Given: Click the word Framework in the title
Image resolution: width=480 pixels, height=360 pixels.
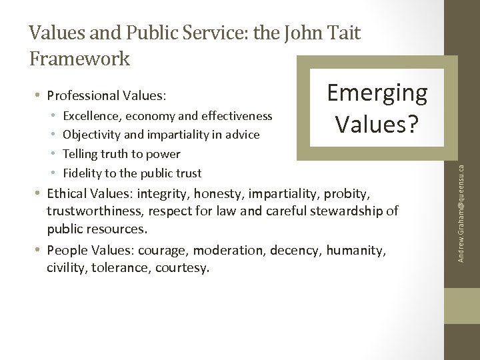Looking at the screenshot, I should click(x=80, y=59).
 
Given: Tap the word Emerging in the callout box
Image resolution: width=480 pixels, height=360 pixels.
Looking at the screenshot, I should click(x=377, y=93).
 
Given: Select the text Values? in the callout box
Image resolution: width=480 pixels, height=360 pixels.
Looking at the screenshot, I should click(x=377, y=123).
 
